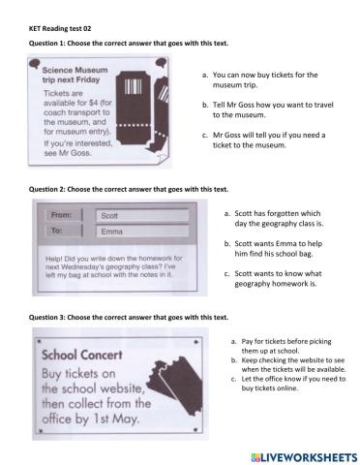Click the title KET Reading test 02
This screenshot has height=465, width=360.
click(60, 29)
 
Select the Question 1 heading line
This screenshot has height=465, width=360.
click(129, 44)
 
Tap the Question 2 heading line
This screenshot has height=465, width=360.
click(129, 189)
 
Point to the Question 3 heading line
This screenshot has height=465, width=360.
click(129, 318)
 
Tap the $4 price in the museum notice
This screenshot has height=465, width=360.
click(93, 103)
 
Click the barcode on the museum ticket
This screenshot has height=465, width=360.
click(133, 86)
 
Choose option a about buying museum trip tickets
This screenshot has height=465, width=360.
click(260, 79)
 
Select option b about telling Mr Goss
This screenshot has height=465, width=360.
click(268, 109)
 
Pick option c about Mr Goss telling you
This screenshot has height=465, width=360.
click(264, 139)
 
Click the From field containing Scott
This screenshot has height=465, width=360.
click(142, 216)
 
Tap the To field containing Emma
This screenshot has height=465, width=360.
click(142, 232)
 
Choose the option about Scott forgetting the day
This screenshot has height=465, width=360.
click(274, 218)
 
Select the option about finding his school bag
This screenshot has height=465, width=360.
click(274, 248)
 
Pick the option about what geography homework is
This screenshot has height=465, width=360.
click(273, 278)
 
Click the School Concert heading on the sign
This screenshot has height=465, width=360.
click(82, 355)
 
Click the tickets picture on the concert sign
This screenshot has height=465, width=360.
click(175, 386)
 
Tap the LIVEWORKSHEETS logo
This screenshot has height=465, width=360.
click(304, 457)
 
